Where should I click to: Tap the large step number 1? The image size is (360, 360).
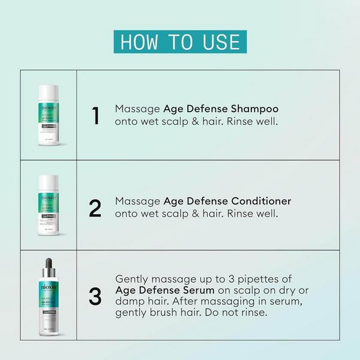tap(95, 116)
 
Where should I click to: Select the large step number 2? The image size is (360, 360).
tap(95, 207)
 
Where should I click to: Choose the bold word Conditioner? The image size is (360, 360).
tap(259, 200)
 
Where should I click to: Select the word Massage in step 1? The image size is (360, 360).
tap(137, 109)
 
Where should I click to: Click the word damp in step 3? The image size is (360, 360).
tap(128, 302)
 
